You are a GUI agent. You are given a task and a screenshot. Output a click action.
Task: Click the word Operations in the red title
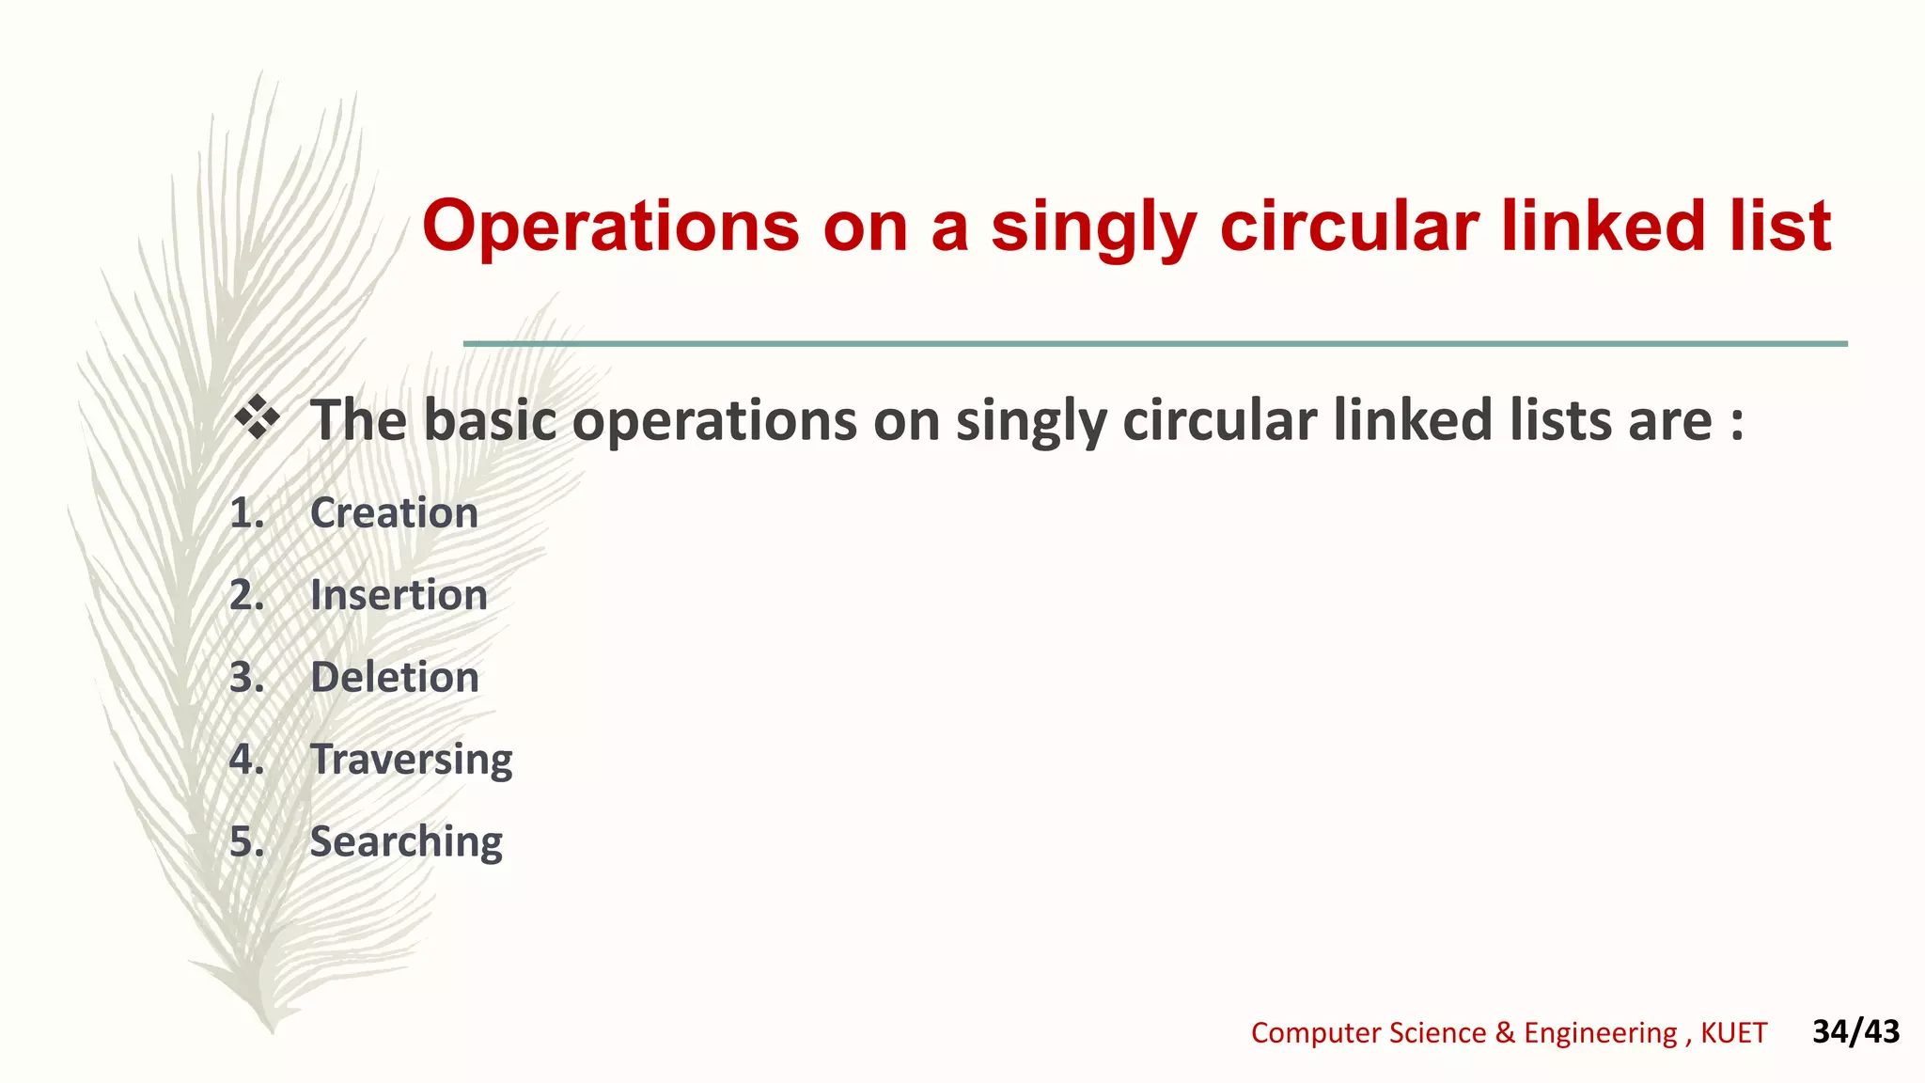(610, 227)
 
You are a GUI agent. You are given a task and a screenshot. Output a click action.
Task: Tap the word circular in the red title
(1349, 227)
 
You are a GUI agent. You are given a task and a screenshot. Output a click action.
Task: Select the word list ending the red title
(1781, 227)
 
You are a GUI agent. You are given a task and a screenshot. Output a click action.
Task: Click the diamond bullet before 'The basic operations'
(257, 417)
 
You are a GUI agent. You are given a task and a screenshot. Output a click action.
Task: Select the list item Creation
(394, 513)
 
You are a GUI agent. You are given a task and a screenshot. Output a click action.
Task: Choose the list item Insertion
(399, 595)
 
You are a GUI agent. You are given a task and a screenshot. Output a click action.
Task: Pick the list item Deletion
(395, 678)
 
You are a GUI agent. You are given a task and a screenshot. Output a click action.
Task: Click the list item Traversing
(411, 760)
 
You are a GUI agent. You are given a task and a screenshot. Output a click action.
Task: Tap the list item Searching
(406, 841)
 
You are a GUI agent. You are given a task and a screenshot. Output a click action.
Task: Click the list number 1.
(246, 513)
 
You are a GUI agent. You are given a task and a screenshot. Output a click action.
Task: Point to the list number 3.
(246, 678)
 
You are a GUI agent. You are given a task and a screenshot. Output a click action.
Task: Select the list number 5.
(246, 841)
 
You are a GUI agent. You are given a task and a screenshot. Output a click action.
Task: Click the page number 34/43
(1855, 1031)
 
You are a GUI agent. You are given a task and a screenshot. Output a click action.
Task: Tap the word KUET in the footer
(1733, 1033)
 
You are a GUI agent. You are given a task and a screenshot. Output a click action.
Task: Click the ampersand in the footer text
(1505, 1033)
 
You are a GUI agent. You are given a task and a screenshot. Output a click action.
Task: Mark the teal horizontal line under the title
(1155, 344)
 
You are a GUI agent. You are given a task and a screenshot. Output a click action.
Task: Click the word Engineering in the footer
(1600, 1033)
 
